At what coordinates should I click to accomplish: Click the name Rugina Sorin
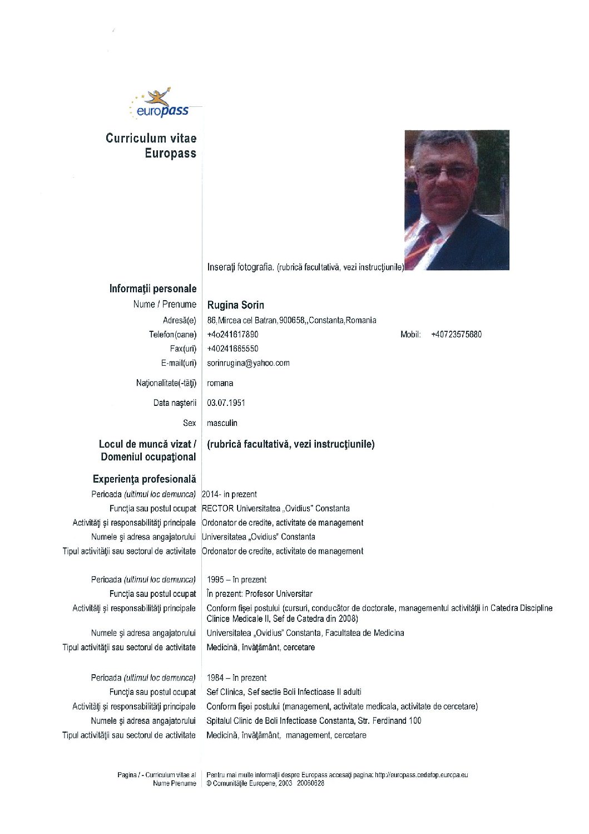click(235, 305)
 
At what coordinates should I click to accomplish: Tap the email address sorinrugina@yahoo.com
click(248, 363)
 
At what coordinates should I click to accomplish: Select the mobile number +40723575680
click(456, 335)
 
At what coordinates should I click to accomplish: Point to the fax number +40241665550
click(232, 349)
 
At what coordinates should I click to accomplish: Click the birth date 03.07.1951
click(226, 403)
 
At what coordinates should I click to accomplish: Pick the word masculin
click(222, 423)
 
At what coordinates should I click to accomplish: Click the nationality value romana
click(220, 383)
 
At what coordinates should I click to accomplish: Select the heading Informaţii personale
click(153, 288)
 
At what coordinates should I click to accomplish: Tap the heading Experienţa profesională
click(145, 479)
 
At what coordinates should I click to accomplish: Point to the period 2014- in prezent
click(229, 494)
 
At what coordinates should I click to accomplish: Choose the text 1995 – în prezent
click(236, 580)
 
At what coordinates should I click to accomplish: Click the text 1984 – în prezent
click(236, 678)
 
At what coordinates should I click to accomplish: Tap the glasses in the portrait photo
click(446, 171)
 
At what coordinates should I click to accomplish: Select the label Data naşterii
click(175, 403)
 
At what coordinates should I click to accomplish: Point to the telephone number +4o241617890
click(232, 335)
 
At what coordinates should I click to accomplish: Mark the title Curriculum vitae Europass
click(151, 146)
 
